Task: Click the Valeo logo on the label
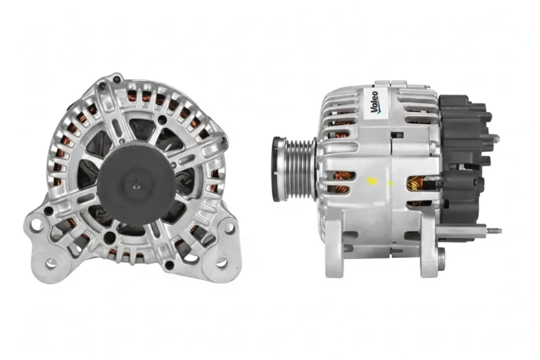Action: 374,103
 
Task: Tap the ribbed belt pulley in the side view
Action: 299,169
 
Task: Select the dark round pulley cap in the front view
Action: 136,185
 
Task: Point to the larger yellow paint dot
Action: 372,181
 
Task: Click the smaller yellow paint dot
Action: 390,183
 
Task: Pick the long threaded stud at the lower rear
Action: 494,231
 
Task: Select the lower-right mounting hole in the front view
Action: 222,263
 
